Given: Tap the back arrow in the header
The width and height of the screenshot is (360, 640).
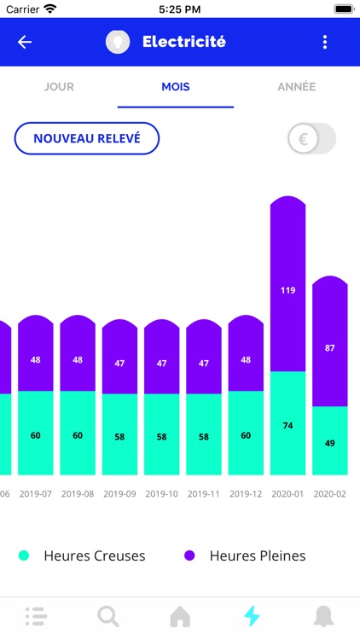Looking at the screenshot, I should (25, 42).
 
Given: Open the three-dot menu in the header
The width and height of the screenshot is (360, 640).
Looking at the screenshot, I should (324, 42).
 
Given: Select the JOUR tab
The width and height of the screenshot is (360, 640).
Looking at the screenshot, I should (59, 87).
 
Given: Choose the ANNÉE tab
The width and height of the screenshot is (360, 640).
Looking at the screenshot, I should (296, 87).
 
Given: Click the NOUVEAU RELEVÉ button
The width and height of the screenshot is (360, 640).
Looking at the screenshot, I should (87, 138).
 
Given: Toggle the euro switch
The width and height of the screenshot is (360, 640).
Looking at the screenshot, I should (311, 138).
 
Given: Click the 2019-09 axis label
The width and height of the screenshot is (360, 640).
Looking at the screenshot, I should (119, 494).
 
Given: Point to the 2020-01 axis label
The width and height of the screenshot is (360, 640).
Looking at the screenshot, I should (287, 494).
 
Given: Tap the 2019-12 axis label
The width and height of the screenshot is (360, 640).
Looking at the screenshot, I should (246, 494).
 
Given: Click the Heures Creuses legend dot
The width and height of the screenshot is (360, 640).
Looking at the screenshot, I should (24, 556).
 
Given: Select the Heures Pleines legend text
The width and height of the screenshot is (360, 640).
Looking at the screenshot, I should (257, 556).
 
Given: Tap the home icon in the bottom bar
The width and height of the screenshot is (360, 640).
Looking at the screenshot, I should (180, 615).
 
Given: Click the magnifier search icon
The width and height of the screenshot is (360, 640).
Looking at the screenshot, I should (107, 615).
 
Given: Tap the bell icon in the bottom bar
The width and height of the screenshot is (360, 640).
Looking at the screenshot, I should (323, 615).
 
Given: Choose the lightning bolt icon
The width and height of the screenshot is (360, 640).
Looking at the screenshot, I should (251, 615).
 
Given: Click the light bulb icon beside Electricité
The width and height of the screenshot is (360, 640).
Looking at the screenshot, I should (118, 42).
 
